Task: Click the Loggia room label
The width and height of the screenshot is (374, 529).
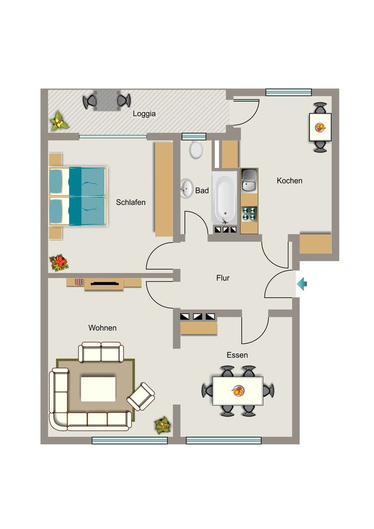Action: (144, 114)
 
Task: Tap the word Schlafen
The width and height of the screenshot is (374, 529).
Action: (131, 202)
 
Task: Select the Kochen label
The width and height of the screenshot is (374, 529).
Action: (289, 180)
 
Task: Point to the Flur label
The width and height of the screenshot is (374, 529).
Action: (223, 277)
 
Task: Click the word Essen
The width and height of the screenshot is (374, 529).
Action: (237, 355)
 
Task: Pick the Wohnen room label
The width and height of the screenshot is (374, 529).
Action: (102, 328)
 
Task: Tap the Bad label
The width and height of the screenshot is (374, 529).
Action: (201, 191)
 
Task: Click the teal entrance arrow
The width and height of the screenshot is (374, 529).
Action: (302, 284)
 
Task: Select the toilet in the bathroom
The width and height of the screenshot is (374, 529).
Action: (196, 149)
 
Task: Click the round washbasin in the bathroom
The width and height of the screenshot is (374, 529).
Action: (186, 188)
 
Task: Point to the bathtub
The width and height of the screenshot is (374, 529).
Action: (225, 198)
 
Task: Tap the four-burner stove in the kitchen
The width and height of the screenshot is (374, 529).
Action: (250, 214)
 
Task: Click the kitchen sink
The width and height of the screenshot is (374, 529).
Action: (249, 180)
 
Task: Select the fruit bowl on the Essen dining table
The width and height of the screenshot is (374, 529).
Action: (238, 391)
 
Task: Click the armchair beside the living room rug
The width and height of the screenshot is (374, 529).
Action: (141, 396)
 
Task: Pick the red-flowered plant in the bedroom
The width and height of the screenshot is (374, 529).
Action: (59, 263)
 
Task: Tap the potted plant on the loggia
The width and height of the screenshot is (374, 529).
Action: (59, 121)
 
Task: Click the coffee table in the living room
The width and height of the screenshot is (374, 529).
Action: (98, 389)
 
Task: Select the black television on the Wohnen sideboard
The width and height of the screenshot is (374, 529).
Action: (104, 284)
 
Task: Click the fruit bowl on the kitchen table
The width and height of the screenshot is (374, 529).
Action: (320, 127)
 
